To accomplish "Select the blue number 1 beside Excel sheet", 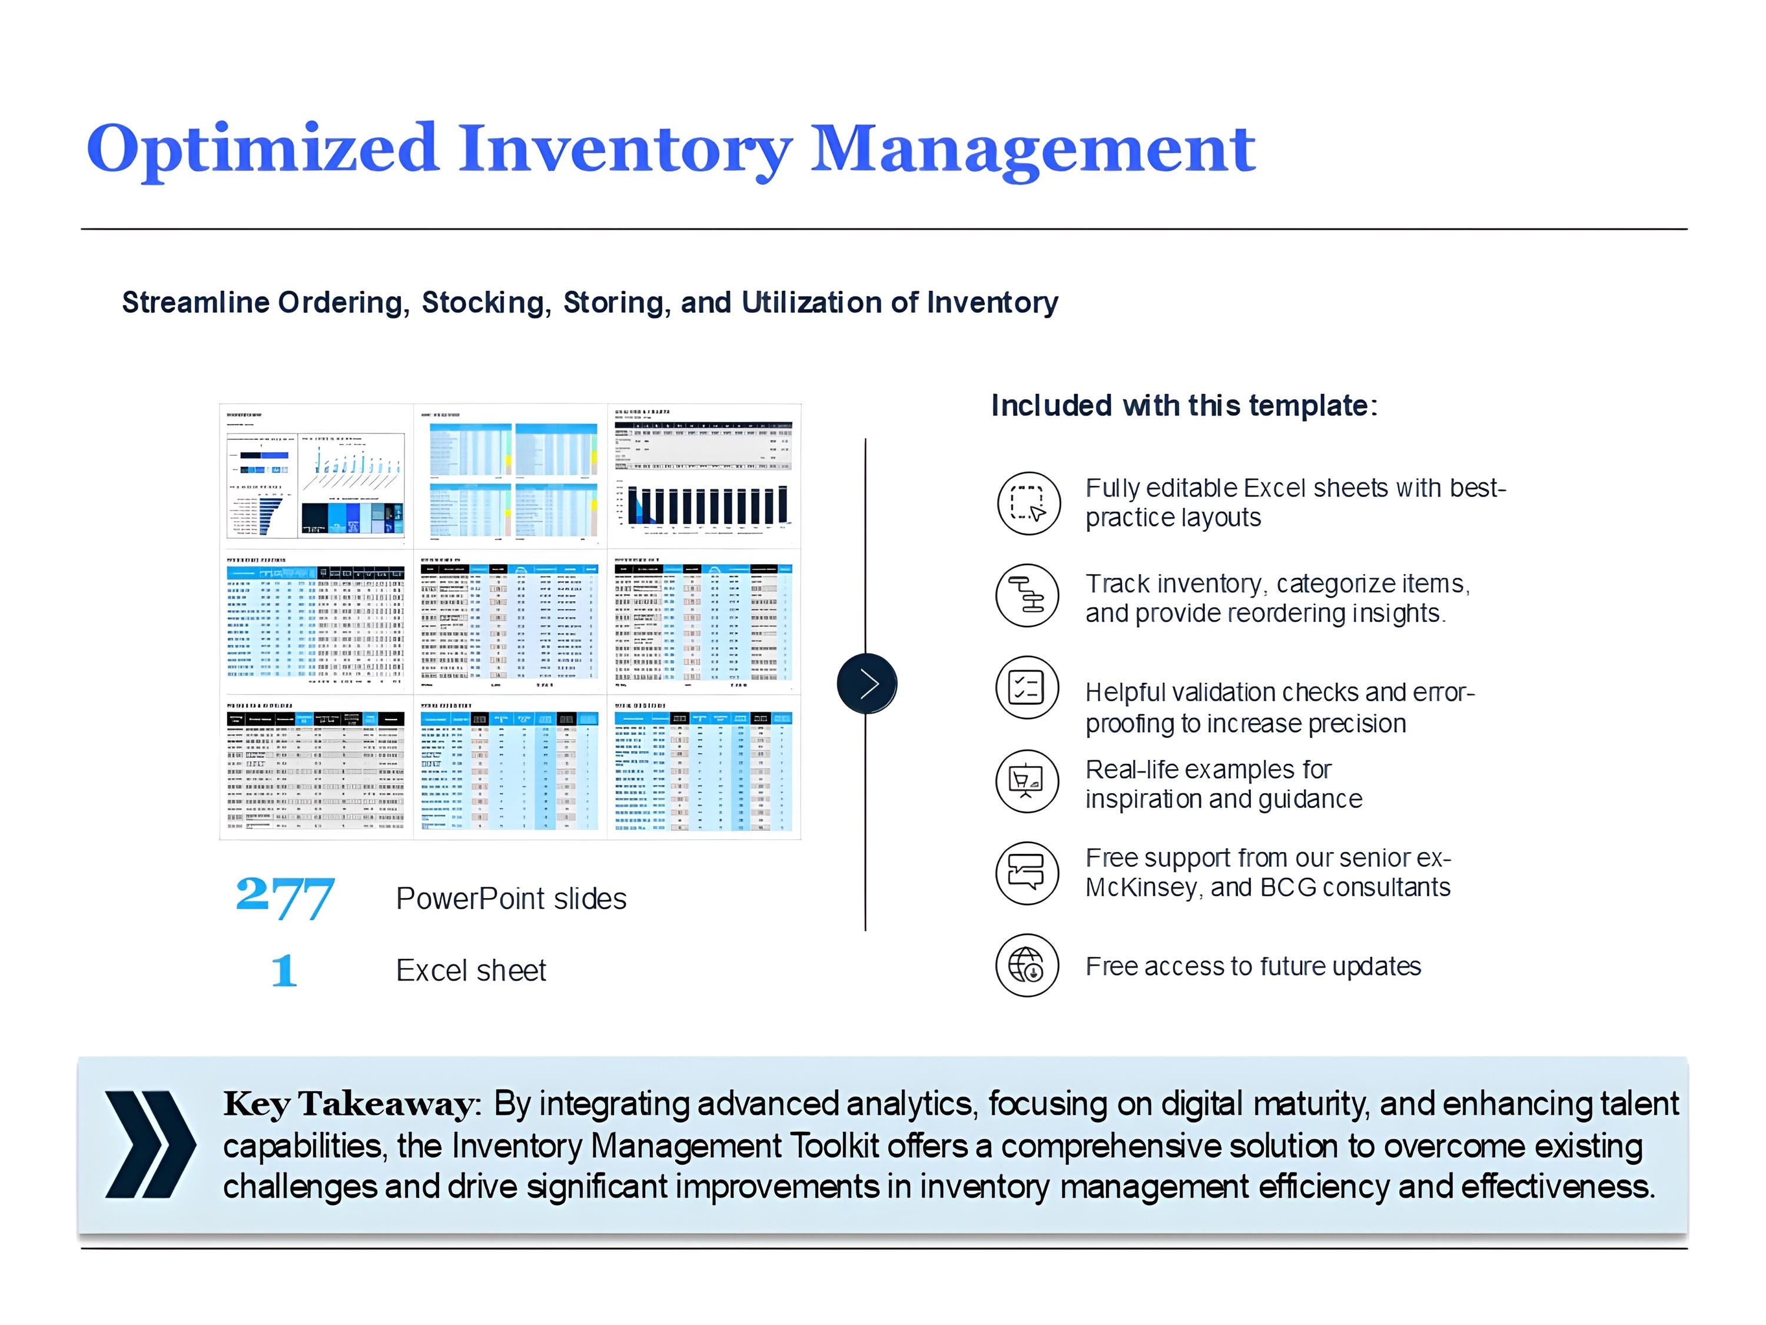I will pyautogui.click(x=284, y=970).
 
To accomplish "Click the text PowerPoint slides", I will pyautogui.click(x=511, y=899).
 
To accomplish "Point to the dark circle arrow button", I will pyautogui.click(x=867, y=683).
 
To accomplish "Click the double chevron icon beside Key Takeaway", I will pyautogui.click(x=150, y=1144).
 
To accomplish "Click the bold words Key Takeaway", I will pyautogui.click(x=350, y=1104).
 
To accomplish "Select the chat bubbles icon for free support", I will pyautogui.click(x=1027, y=872).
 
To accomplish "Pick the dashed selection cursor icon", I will pyautogui.click(x=1028, y=502).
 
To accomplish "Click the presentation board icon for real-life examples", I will pyautogui.click(x=1027, y=780).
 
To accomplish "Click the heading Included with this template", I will pyautogui.click(x=1184, y=406).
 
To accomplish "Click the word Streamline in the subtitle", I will pyautogui.click(x=195, y=303).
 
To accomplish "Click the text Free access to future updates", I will pyautogui.click(x=1253, y=966).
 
